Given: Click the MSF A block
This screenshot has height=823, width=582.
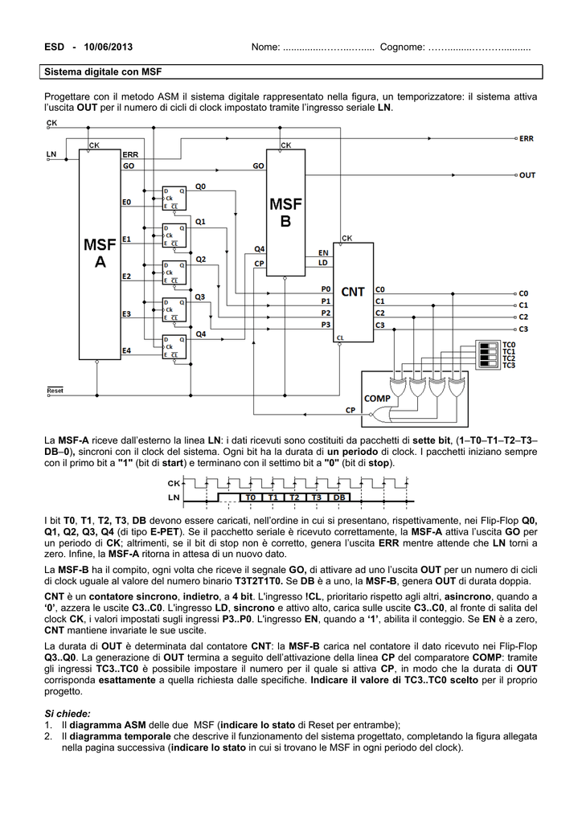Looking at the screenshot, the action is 100,254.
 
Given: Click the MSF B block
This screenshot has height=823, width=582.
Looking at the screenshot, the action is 285,212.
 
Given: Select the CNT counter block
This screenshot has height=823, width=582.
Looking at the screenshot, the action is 353,292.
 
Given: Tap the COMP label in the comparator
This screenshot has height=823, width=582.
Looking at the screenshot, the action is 377,399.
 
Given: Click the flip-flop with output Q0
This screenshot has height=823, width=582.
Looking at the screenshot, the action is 174,197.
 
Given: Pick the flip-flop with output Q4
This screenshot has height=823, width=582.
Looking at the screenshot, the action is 174,346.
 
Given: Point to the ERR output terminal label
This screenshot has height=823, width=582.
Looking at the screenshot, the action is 527,138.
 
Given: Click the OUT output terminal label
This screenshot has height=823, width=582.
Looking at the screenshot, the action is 527,175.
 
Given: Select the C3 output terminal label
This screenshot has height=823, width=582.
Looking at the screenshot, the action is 523,329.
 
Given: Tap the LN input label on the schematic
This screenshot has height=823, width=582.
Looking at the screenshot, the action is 51,154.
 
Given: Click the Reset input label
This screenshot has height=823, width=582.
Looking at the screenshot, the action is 55,391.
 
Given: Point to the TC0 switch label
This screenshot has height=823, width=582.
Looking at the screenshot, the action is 509,345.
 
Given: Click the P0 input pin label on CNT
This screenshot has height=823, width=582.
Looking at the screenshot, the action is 326,289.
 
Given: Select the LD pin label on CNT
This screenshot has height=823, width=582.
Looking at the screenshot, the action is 323,263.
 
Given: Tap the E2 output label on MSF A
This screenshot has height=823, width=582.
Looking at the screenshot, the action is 126,276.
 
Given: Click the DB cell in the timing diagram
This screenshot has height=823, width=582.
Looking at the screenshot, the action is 339,497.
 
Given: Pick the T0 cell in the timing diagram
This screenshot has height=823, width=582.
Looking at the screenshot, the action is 250,497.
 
